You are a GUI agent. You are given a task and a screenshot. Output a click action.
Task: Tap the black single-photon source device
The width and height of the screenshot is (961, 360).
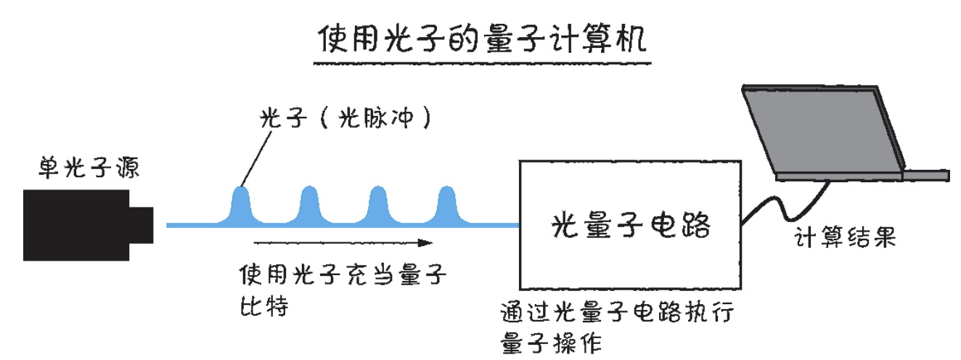pyautogui.click(x=76, y=224)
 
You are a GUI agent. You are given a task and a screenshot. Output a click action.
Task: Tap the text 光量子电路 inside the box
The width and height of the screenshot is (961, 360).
pyautogui.click(x=629, y=225)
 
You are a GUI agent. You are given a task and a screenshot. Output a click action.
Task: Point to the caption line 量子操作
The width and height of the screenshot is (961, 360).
pyautogui.click(x=551, y=343)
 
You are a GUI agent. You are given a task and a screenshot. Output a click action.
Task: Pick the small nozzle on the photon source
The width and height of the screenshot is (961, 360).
pyautogui.click(x=142, y=224)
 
